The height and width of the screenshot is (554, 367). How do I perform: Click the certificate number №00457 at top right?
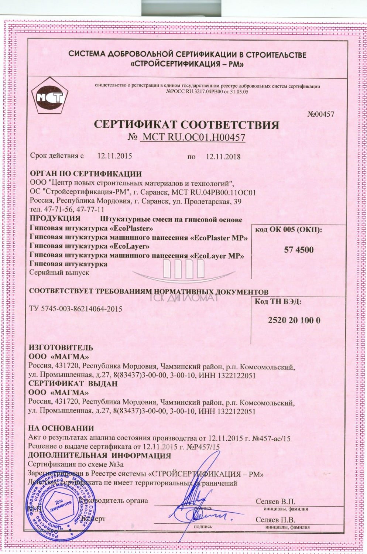pos(320,114)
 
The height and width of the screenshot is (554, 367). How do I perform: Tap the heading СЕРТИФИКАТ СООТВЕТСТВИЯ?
pos(186,125)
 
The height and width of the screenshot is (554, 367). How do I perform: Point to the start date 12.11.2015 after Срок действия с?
pos(114,155)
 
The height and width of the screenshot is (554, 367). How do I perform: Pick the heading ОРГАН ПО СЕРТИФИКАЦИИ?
pos(85,174)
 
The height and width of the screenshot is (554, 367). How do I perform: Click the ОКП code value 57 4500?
pos(299,250)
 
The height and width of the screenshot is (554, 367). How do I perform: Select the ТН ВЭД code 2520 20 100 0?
pos(294,320)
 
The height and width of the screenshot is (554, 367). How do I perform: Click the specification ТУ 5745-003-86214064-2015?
pos(75,309)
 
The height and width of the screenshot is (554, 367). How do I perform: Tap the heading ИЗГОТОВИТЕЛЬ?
pos(61,348)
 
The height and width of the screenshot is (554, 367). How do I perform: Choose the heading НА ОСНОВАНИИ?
pos(61,428)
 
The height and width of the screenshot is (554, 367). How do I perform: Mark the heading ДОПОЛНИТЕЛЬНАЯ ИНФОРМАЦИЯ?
pos(99,455)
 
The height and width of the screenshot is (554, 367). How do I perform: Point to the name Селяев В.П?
pos(276,502)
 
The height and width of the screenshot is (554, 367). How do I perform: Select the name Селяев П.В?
pos(276,520)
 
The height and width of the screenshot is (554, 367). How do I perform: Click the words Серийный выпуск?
pos(59,273)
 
